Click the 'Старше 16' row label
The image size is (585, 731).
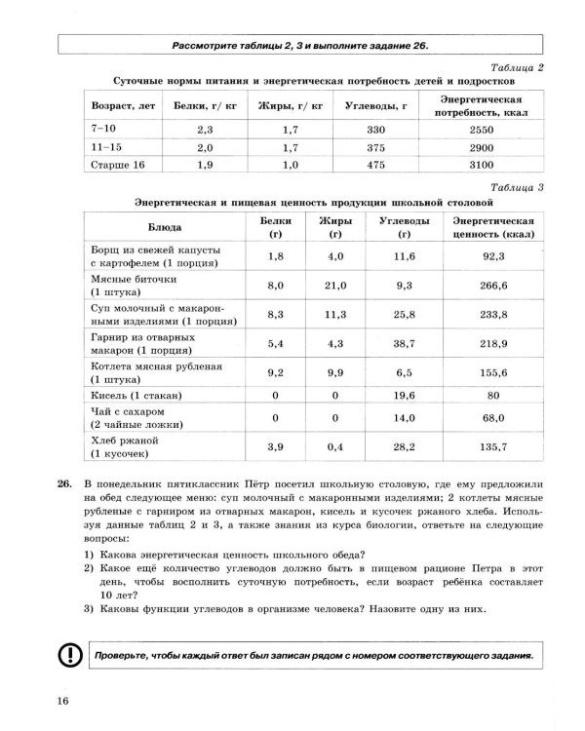(x=117, y=165)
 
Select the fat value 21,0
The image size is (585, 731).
(x=334, y=285)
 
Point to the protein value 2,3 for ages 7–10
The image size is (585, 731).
(x=206, y=129)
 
